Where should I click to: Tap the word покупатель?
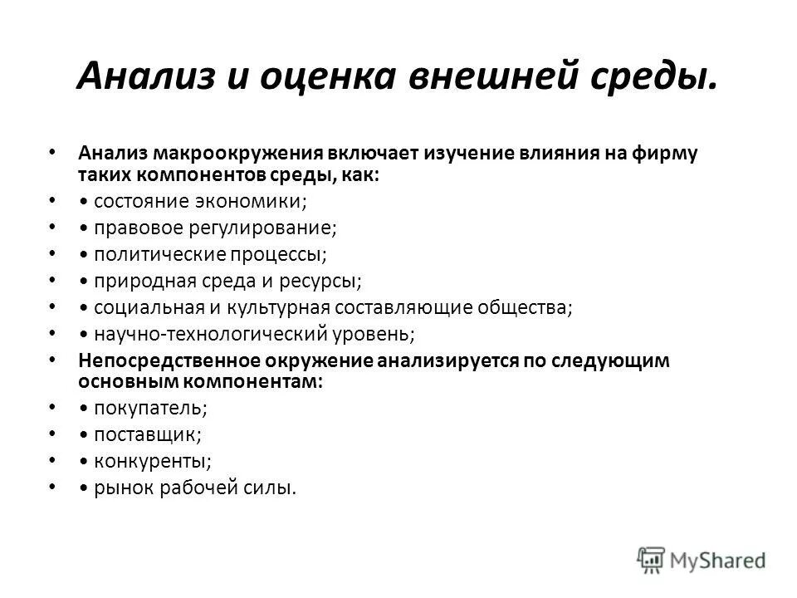point(151,408)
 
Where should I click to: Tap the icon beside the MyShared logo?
point(653,559)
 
